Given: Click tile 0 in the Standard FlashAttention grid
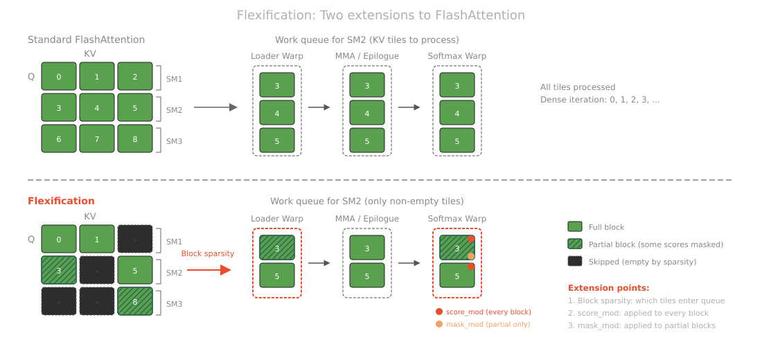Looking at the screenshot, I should (58, 76).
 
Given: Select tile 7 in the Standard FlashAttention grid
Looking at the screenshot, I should (96, 139).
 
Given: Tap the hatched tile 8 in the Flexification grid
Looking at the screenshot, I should (134, 303).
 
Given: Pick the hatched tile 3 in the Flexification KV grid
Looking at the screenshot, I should (58, 271).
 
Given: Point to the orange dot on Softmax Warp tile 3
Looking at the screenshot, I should (470, 256).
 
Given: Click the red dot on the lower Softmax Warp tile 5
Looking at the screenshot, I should (470, 266).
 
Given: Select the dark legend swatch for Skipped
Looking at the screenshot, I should (574, 261).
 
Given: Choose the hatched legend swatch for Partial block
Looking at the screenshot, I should (574, 244).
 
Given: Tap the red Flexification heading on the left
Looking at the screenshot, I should (61, 201).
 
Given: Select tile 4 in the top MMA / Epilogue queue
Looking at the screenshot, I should (367, 113).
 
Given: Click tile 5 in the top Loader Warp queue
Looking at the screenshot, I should (277, 141).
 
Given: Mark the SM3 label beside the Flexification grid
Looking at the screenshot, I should (174, 303).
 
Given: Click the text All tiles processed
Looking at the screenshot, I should (577, 87).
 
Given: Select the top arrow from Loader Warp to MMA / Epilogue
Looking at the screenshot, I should (319, 107).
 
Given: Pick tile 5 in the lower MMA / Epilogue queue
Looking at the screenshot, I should (367, 276).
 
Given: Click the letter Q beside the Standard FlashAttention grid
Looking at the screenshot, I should (31, 77).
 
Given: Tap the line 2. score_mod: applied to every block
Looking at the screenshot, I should (637, 313).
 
